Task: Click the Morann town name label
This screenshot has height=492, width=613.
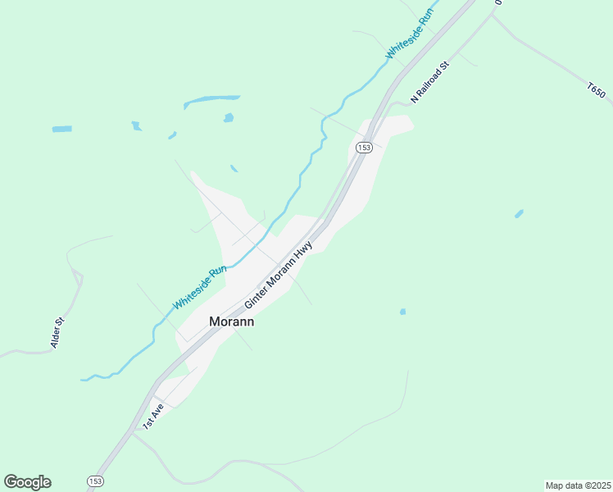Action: click(232, 322)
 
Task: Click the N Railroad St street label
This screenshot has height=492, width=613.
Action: click(431, 80)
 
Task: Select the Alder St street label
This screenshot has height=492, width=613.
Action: click(57, 333)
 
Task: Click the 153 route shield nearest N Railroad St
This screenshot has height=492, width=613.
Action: click(364, 148)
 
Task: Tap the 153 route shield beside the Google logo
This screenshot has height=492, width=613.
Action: click(95, 481)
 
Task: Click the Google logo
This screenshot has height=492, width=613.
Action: click(27, 482)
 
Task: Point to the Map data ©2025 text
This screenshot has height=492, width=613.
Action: click(578, 485)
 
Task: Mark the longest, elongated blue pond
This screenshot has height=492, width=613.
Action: click(211, 100)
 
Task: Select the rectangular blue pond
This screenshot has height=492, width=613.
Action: click(61, 129)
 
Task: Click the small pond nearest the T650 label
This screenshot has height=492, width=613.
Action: click(519, 214)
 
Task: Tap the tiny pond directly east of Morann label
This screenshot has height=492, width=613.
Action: click(402, 312)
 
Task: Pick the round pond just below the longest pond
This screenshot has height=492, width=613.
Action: click(228, 118)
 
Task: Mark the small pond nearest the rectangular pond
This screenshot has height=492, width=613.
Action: click(136, 125)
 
